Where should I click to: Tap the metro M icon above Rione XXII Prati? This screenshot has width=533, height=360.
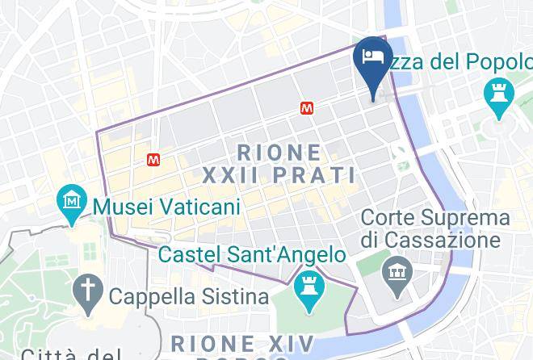coord(307,107)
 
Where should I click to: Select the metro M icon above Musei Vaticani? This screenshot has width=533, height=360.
coord(153,160)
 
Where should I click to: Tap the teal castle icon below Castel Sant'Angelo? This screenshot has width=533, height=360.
coord(308,286)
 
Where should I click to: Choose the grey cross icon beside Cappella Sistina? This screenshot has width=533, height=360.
coord(86,289)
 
